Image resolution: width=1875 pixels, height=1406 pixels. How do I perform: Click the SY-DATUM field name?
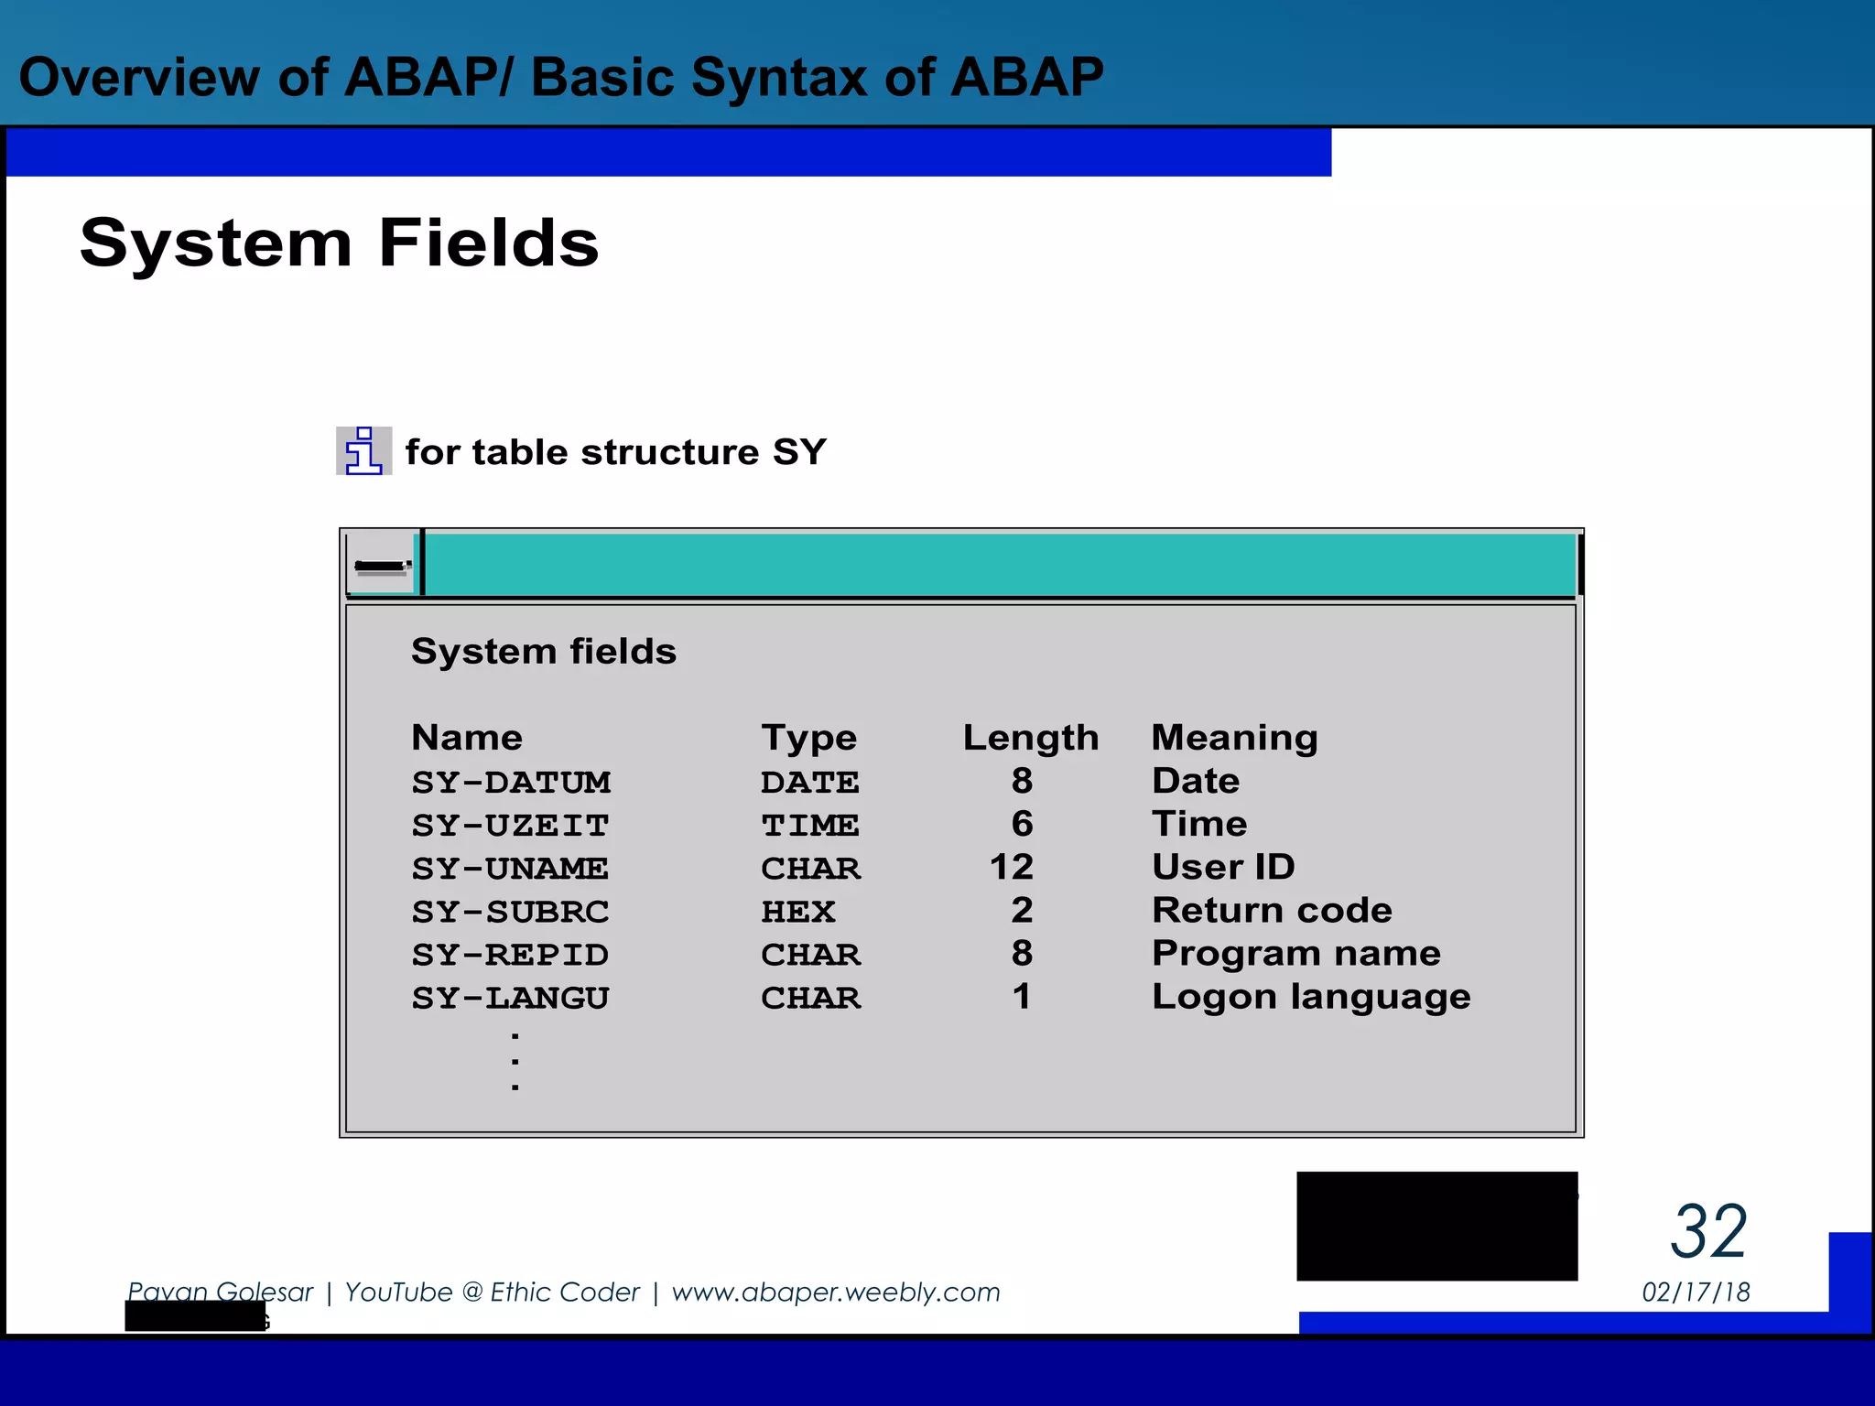tap(511, 783)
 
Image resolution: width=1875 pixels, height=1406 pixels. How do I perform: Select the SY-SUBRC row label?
tap(510, 912)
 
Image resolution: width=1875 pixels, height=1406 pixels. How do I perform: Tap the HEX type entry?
tap(797, 912)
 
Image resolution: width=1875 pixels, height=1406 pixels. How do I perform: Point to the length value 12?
tap(1011, 867)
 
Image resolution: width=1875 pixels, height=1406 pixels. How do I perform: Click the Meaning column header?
tap(1234, 738)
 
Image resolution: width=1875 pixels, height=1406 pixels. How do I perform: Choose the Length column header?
tap(1030, 738)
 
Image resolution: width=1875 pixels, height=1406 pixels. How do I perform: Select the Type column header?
tap(808, 738)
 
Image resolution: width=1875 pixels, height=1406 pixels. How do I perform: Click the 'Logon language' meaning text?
tap(1311, 997)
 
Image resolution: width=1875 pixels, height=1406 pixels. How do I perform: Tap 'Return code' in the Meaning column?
tap(1272, 911)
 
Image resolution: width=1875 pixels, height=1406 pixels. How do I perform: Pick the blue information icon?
tap(363, 451)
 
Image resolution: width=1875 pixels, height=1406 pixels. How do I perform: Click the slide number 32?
tap(1708, 1232)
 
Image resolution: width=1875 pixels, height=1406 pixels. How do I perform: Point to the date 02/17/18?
tap(1696, 1292)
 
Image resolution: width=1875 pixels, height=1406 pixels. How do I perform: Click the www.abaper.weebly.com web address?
tap(836, 1292)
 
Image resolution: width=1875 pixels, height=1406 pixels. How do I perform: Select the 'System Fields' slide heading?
tap(339, 243)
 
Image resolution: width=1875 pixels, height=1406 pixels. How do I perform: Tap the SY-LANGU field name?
tap(510, 998)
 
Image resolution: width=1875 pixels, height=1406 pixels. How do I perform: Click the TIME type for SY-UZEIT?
tap(809, 826)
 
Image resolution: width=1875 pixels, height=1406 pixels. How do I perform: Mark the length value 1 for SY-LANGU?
tap(1022, 997)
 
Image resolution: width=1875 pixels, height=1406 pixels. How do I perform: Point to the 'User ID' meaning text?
tap(1223, 867)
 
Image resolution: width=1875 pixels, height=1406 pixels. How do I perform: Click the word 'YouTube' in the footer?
tap(398, 1292)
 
